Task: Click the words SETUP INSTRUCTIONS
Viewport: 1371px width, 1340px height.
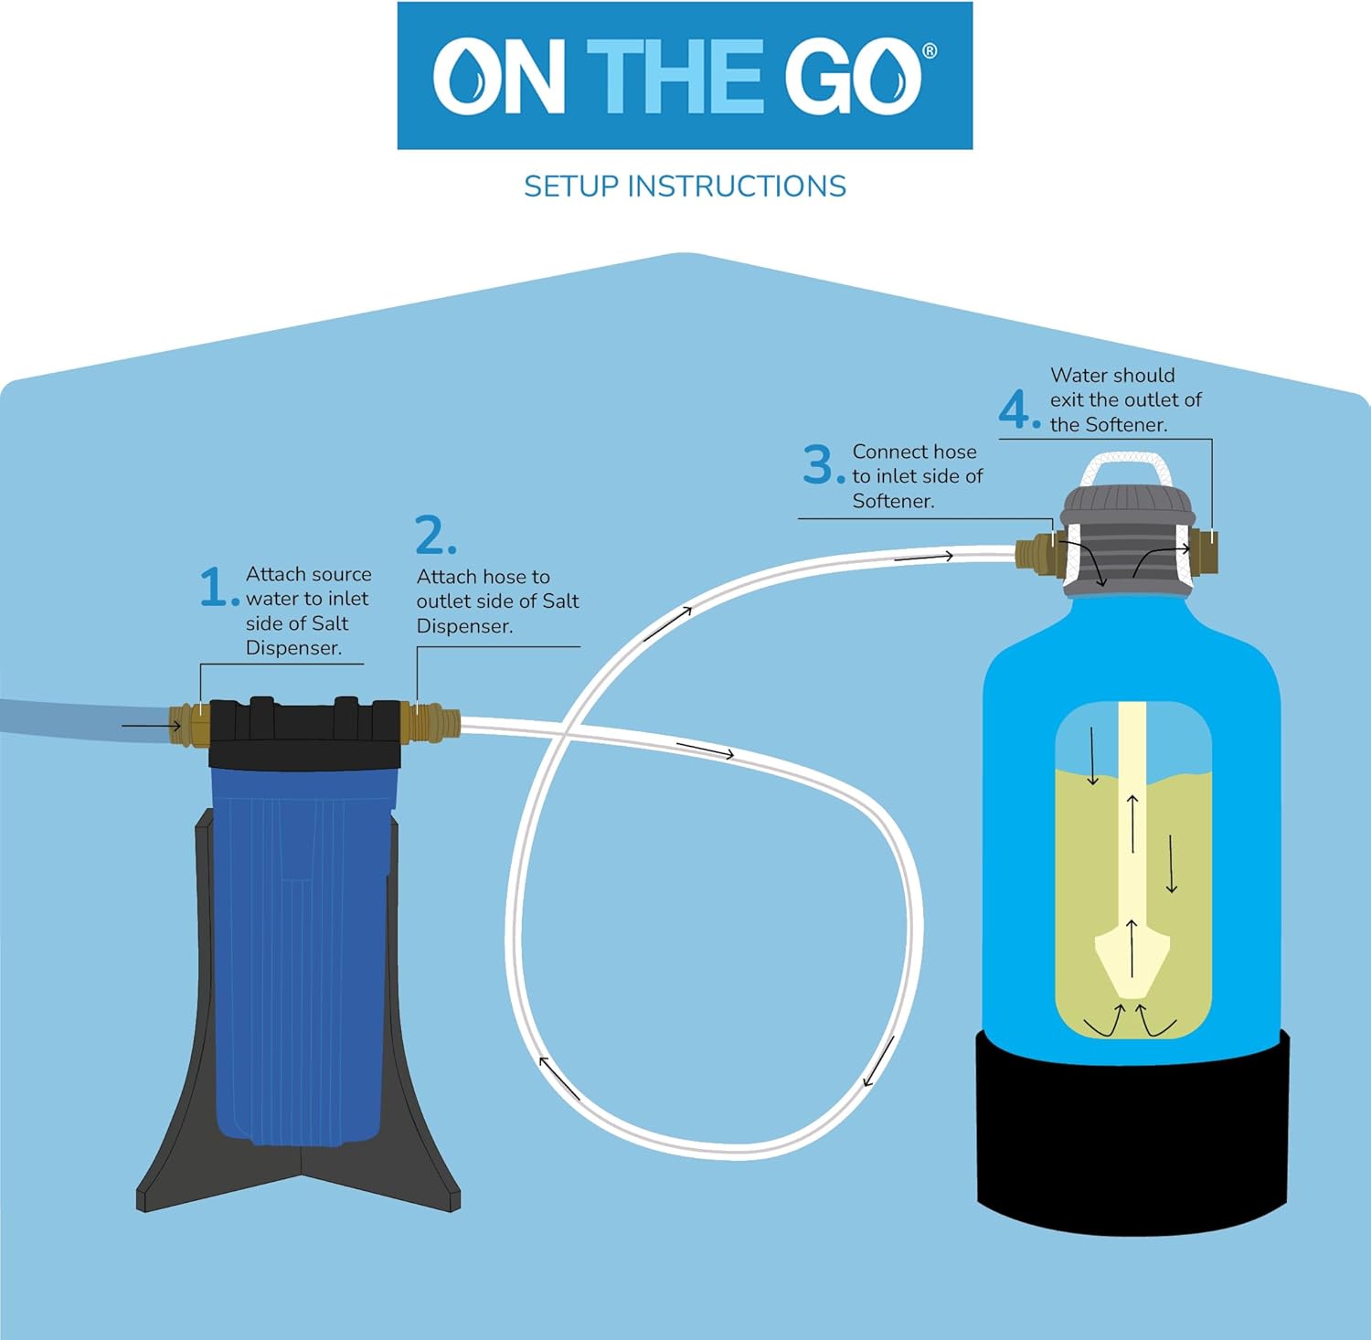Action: (x=685, y=186)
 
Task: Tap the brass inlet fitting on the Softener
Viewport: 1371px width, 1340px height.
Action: (x=1038, y=553)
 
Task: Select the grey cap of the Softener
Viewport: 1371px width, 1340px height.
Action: (x=1126, y=539)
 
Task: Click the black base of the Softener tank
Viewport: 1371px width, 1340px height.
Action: (x=1132, y=1133)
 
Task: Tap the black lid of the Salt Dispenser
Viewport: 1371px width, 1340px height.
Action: (x=304, y=731)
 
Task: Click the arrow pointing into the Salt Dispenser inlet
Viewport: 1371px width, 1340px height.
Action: (x=151, y=727)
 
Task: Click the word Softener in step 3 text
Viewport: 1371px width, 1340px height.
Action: (x=893, y=501)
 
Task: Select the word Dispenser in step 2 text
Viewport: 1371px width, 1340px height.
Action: (x=464, y=626)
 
